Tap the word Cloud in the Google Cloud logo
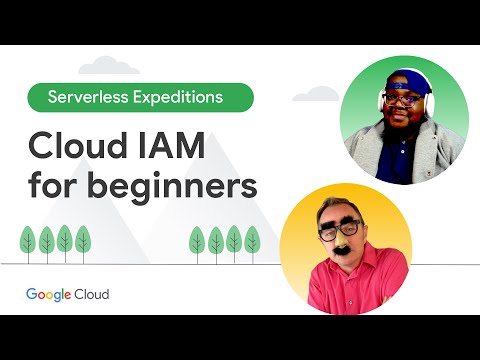[x=90, y=294]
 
